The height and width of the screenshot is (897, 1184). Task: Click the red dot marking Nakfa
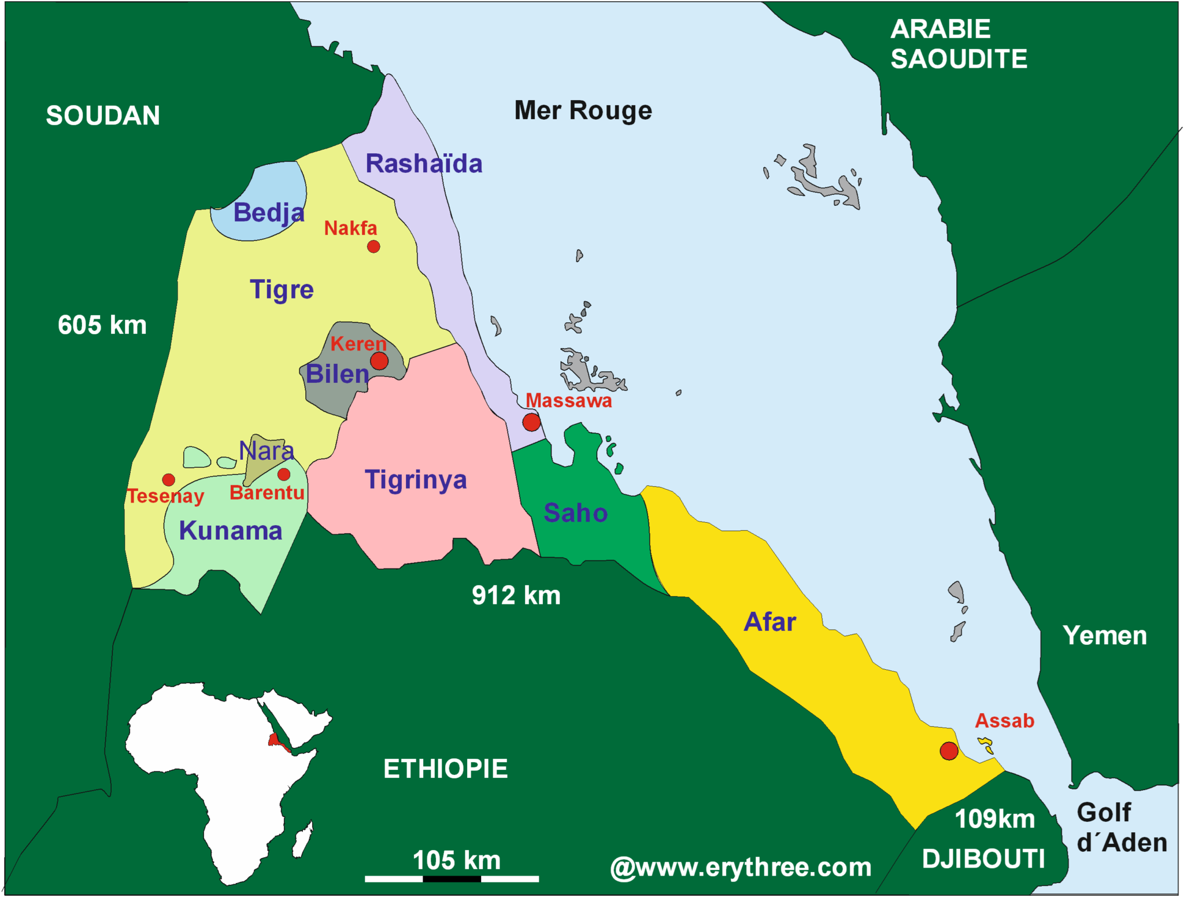tap(373, 246)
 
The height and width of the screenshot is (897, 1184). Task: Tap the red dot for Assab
tap(949, 751)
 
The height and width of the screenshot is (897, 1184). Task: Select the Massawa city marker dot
tap(531, 422)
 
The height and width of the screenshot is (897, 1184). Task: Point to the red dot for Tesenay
tap(168, 479)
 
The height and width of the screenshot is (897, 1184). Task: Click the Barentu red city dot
tap(284, 474)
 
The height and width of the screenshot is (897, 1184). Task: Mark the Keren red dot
tap(379, 361)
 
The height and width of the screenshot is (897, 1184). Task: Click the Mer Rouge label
tap(583, 110)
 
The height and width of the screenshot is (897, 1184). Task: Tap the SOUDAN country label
tap(103, 116)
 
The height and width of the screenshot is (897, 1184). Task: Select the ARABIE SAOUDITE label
tap(958, 44)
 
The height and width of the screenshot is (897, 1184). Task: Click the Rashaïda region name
tap(424, 164)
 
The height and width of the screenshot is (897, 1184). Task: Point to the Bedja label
tap(269, 213)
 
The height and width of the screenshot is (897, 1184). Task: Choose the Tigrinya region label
tap(416, 480)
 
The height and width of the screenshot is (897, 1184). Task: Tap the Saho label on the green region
tap(575, 513)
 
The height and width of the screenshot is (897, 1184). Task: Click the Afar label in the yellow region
tap(769, 622)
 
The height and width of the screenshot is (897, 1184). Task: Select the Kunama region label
tap(231, 531)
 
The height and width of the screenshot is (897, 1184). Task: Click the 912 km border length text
tap(516, 596)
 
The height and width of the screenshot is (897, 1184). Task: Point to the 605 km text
tap(102, 325)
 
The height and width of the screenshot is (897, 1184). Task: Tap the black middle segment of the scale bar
tap(452, 879)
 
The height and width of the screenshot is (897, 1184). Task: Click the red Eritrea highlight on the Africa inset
tap(276, 741)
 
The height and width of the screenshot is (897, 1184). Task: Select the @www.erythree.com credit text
tap(741, 868)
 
